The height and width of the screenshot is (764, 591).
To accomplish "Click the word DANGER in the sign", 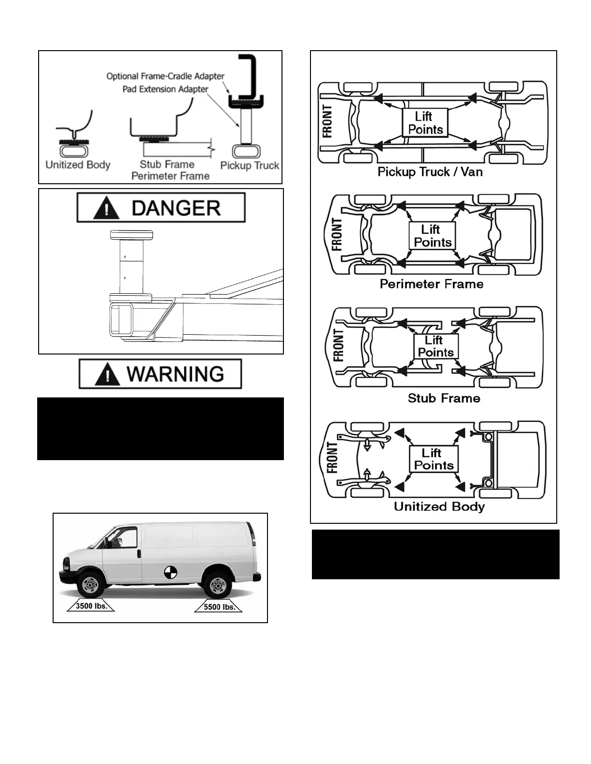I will tap(176, 208).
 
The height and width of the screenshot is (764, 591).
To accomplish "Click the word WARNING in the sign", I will tap(175, 374).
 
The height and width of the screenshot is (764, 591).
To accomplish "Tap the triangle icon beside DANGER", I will tap(106, 209).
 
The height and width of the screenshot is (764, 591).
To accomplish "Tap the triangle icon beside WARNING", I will tap(107, 375).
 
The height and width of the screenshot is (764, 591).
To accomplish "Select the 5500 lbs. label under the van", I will tap(219, 607).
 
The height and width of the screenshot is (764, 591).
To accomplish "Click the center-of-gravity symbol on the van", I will tap(170, 572).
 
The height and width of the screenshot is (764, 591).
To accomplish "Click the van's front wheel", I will tap(90, 585).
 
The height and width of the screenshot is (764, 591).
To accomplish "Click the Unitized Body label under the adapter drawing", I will tap(78, 165).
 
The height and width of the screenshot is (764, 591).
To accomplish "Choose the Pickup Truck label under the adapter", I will tap(250, 165).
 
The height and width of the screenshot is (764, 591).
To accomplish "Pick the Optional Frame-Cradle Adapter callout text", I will tap(165, 76).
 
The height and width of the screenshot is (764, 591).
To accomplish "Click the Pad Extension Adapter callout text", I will tap(165, 89).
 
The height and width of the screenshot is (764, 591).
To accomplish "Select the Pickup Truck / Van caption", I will tap(430, 172).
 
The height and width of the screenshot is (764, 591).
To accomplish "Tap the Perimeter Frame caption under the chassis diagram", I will tap(431, 284).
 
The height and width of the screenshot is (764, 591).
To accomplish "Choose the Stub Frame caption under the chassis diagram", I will tap(444, 398).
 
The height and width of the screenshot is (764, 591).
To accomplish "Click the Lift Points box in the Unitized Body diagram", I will tap(433, 459).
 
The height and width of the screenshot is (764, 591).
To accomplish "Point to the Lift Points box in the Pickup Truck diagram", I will tap(425, 123).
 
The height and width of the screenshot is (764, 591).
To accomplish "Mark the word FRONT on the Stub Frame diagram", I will tap(338, 345).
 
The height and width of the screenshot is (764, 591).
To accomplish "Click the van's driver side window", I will tap(124, 538).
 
